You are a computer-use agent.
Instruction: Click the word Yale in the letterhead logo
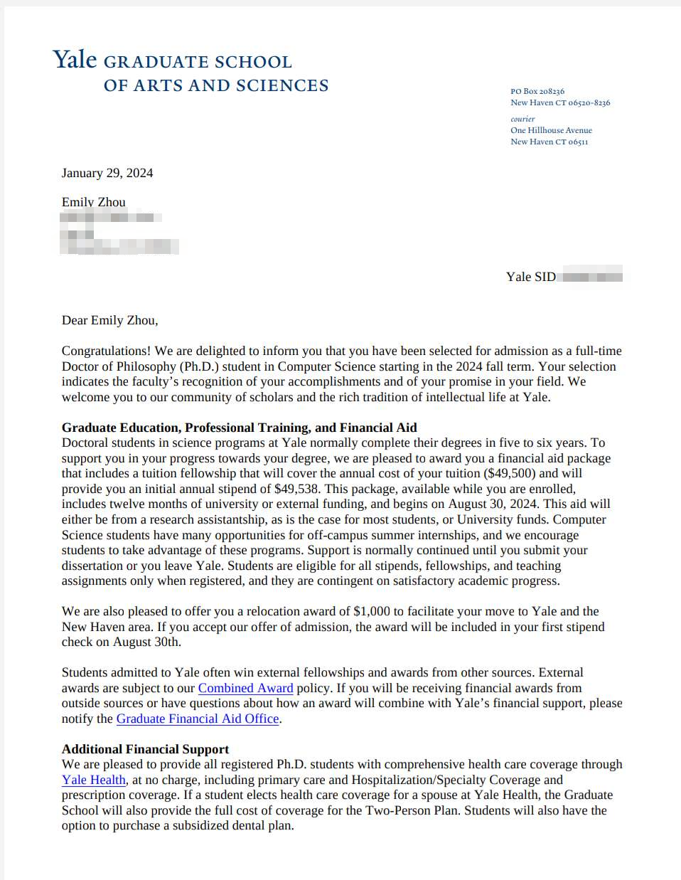point(75,60)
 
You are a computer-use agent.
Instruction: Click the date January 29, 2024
point(107,173)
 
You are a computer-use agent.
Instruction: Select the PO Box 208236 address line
point(537,91)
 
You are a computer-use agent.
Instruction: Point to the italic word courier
point(522,119)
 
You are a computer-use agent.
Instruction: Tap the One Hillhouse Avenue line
point(551,130)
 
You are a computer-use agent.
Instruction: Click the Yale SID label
point(531,277)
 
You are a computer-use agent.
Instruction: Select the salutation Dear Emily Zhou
point(109,320)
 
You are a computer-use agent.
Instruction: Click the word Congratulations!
point(106,351)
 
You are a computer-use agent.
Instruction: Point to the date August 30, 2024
point(493,504)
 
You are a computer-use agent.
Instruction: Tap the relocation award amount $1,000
point(372,611)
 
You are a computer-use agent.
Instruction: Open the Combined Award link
point(245,688)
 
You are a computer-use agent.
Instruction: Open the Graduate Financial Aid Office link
point(198,719)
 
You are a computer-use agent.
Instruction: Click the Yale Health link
point(94,780)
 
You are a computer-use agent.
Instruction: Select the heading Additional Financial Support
point(145,749)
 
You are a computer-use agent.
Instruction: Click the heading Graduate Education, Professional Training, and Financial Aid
point(239,428)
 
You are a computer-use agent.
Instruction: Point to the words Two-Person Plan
point(412,810)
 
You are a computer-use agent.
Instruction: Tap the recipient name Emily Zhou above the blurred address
point(93,202)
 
